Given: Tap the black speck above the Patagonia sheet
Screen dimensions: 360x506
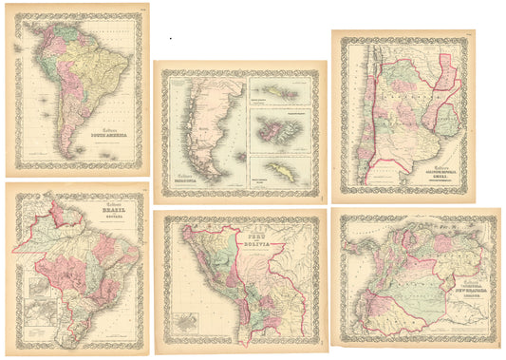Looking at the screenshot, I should [x=170, y=39].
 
